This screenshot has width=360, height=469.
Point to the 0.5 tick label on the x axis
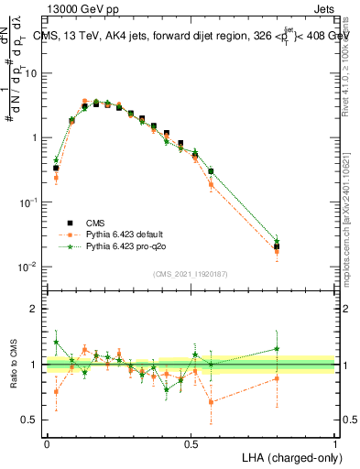(191, 443)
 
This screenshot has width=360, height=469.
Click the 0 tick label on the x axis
(47, 443)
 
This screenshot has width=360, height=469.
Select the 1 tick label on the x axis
(335, 443)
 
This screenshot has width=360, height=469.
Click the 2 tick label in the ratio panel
(36, 309)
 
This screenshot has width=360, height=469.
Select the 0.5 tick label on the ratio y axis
(32, 420)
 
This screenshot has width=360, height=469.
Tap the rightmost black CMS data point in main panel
(277, 246)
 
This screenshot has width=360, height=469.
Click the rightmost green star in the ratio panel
(277, 348)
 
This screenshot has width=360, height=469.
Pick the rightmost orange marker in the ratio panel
(277, 378)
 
